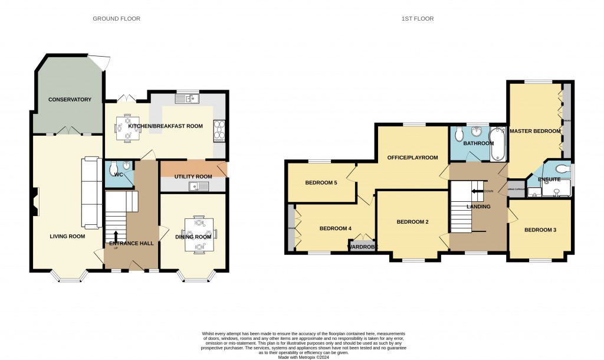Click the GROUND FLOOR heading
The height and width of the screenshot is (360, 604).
(116, 19)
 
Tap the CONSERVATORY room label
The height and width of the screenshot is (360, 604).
(70, 100)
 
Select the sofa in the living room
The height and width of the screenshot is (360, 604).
(90, 192)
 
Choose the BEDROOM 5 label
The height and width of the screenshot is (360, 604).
(321, 183)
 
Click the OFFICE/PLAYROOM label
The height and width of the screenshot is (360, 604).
(412, 158)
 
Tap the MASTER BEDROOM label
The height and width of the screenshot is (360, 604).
(534, 131)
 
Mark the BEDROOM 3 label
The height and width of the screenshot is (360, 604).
(540, 230)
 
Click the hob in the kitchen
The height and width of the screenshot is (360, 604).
(219, 132)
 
